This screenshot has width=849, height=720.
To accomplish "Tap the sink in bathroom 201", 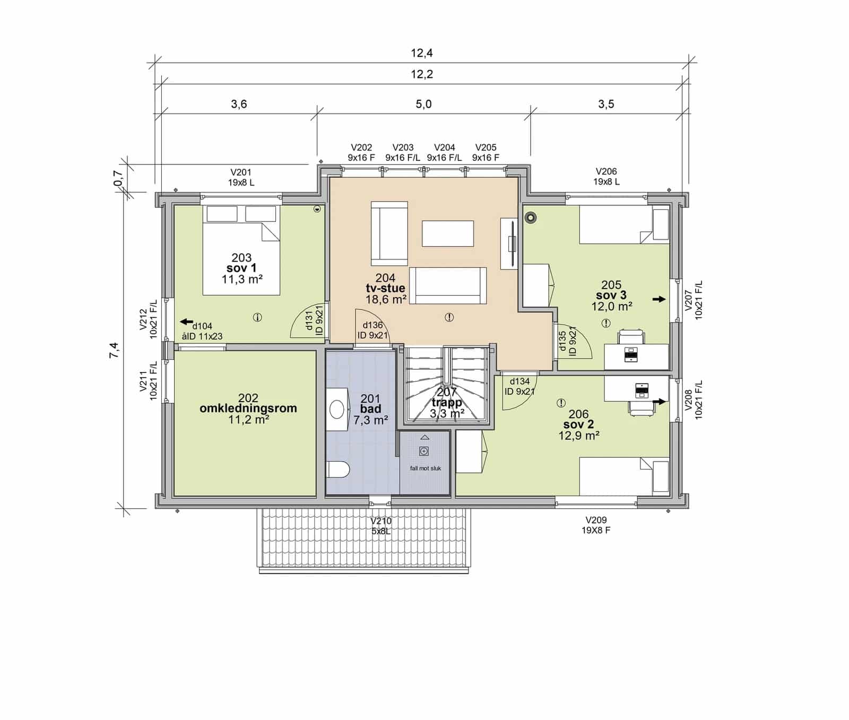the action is tap(337, 409).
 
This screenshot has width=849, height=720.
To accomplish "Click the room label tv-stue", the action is tap(385, 288).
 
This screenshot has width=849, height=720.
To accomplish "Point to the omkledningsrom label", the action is tap(248, 408).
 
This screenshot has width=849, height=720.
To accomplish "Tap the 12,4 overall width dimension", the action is tap(422, 53).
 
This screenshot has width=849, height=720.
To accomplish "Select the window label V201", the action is tap(241, 172).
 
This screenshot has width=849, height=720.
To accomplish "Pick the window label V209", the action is tap(596, 520).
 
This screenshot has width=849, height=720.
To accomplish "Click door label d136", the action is tap(372, 325).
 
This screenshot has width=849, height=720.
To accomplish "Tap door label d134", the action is tap(519, 381).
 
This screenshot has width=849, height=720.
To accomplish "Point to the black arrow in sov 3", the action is tap(659, 299).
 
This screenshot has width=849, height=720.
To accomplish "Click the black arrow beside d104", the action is tap(186, 322).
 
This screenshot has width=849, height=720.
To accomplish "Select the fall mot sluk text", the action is tap(426, 468).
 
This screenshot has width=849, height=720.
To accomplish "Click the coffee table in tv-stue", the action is tap(448, 233).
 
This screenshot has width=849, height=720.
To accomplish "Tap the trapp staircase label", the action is tap(447, 403).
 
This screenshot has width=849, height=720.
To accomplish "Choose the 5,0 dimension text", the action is tap(423, 104).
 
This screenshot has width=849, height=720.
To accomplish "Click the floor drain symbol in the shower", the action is tap(423, 451).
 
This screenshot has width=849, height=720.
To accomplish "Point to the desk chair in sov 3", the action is tap(631, 337).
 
